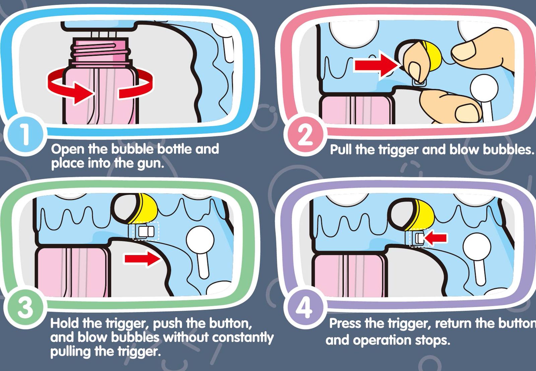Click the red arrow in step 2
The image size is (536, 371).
point(377,65)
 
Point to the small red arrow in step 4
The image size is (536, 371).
point(435,238)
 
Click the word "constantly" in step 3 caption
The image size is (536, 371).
point(243,337)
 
